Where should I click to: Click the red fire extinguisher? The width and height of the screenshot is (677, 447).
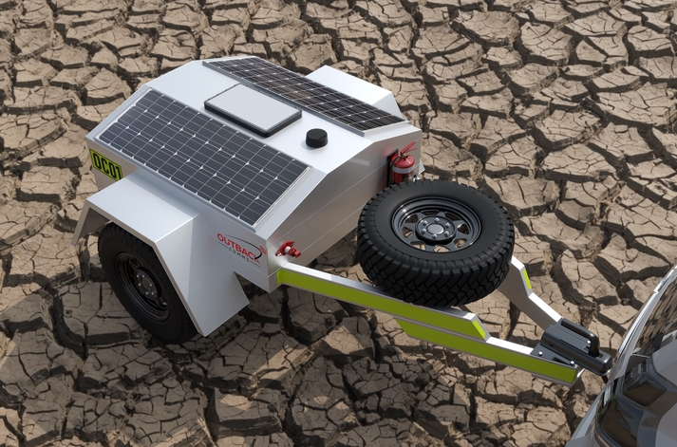[403, 167]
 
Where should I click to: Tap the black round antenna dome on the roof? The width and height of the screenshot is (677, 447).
[316, 138]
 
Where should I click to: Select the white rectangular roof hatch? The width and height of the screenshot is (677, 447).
[253, 107]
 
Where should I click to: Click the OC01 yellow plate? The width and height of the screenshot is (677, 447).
[105, 164]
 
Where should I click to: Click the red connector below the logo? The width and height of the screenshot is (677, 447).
[286, 251]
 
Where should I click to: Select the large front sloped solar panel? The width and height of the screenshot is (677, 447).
[202, 153]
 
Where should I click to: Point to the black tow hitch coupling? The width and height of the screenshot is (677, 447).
[575, 345]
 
